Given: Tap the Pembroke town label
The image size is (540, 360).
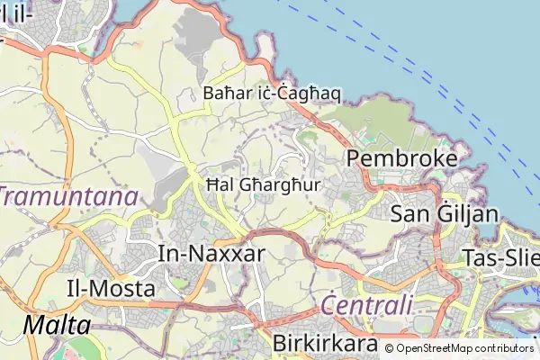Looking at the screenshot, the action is point(402,158).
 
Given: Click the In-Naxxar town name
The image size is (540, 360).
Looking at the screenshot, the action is point(211,253).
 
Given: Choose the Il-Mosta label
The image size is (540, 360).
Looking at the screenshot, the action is point(111,289).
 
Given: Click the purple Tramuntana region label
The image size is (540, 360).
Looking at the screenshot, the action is point(68,197).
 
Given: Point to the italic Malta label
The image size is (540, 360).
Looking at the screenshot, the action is point(58,325).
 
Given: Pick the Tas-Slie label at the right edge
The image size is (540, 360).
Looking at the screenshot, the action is point(499,256).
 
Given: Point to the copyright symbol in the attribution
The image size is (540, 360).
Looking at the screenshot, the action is point(390,348).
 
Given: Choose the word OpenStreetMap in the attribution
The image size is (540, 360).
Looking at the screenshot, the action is point(434,348).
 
